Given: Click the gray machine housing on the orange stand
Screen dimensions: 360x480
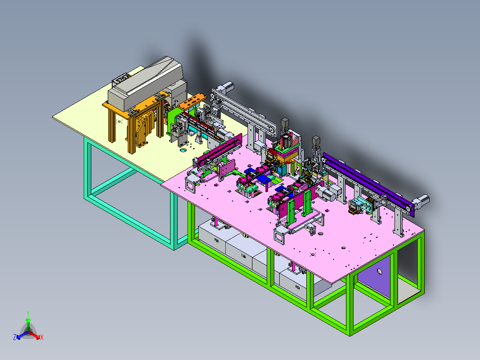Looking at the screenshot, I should [x=147, y=85].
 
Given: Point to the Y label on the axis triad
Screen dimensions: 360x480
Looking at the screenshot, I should [x=28, y=313].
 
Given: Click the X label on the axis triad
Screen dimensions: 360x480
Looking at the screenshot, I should [x=42, y=338].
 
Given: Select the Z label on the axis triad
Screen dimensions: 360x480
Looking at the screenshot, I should [x=14, y=338].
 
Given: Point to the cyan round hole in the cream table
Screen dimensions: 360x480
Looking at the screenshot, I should [x=183, y=150].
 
